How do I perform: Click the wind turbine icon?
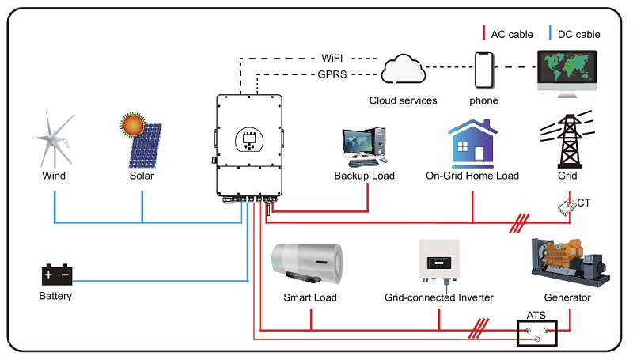(54, 139)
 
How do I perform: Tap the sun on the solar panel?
(133, 124)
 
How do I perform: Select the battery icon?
(57, 275)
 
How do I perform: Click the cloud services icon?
(403, 69)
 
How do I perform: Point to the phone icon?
(484, 70)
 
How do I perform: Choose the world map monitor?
(567, 74)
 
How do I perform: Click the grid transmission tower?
(568, 139)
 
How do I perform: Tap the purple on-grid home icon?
(472, 144)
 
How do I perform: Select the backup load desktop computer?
(365, 147)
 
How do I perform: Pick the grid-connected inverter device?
(439, 262)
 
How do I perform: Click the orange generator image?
(570, 262)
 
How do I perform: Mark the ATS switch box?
(537, 333)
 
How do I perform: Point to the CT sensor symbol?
(567, 207)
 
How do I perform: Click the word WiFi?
(332, 58)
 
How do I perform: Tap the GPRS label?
(332, 74)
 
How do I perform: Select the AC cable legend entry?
(508, 34)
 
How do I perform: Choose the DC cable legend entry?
(574, 34)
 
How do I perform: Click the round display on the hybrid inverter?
(249, 140)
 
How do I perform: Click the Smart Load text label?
(310, 297)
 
